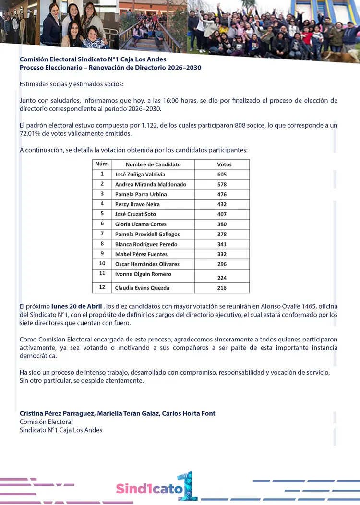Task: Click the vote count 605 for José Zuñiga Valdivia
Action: pos(221,175)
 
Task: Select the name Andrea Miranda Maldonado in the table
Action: pos(150,185)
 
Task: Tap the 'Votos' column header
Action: pos(224,164)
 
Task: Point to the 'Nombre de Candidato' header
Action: pos(153,164)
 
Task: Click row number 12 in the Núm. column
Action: pos(102,288)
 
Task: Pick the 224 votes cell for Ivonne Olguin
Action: pos(221,278)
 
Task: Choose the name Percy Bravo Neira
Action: pos(137,204)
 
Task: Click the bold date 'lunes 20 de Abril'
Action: pos(77,306)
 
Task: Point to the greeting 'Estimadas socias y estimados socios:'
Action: pos(72,84)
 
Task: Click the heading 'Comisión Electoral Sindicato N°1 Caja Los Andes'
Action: pos(93,59)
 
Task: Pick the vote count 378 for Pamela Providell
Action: pos(221,234)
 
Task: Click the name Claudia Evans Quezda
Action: pos(142,288)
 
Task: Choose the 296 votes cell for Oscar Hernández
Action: pos(221,264)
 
